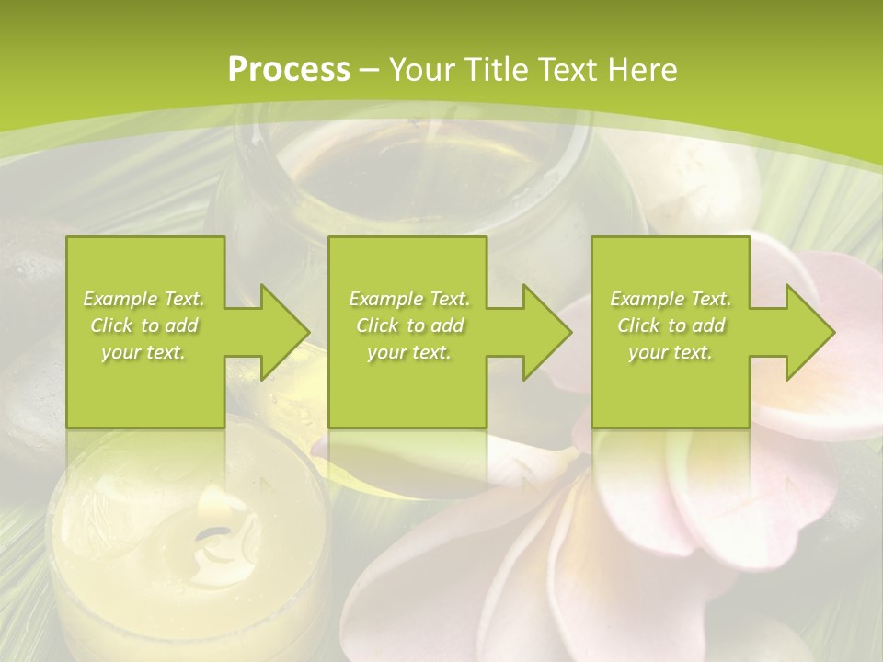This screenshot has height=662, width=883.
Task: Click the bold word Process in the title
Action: [289, 70]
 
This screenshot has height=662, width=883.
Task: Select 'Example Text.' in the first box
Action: [143, 299]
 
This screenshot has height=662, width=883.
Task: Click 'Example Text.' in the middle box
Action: [408, 299]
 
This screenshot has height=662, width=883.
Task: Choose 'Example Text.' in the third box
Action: [671, 299]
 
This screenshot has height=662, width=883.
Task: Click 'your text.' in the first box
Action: [143, 352]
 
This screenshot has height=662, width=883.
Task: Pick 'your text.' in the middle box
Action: [408, 352]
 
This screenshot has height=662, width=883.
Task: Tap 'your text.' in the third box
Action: [671, 352]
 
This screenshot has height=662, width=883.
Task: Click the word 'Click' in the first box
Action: [112, 325]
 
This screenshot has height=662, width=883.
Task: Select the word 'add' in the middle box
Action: [446, 325]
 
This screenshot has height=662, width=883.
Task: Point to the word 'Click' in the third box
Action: [639, 325]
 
